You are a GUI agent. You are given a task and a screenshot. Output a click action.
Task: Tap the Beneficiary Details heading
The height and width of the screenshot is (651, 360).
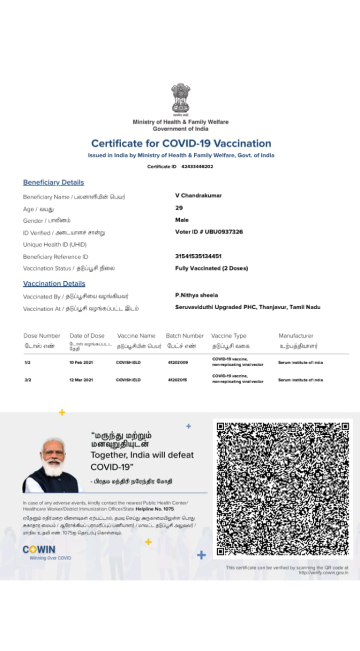click(x=53, y=183)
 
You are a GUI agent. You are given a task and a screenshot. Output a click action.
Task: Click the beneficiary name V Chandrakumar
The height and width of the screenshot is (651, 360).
click(x=198, y=195)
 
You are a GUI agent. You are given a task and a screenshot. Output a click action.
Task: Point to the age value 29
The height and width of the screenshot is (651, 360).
click(x=179, y=208)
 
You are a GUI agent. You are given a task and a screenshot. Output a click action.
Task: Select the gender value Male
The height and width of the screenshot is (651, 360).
click(x=182, y=220)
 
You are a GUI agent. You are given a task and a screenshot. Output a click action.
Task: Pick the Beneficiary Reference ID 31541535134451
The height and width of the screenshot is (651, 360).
click(x=198, y=256)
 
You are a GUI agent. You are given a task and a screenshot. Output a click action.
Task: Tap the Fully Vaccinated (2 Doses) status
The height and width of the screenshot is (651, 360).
click(x=212, y=268)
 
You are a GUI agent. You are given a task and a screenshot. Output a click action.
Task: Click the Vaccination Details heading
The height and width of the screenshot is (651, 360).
click(x=54, y=284)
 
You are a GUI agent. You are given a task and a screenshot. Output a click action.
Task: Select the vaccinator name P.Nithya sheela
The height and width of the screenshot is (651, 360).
click(x=196, y=295)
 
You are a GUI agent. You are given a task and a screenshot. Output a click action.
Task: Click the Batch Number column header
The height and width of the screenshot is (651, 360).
click(x=185, y=336)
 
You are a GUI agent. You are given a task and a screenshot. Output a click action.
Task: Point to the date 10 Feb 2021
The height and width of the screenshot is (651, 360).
click(x=81, y=363)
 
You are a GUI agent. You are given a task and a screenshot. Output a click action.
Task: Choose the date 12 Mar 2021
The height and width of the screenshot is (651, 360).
click(x=81, y=380)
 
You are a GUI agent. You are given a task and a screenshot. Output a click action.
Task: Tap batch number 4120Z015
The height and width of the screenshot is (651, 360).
click(x=177, y=380)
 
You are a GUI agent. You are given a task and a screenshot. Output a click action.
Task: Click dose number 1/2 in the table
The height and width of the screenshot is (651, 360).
click(x=27, y=363)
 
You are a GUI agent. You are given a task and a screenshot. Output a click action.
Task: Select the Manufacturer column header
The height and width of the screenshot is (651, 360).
click(x=296, y=336)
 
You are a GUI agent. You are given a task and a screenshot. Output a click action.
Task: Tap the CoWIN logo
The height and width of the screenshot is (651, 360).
click(x=39, y=550)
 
